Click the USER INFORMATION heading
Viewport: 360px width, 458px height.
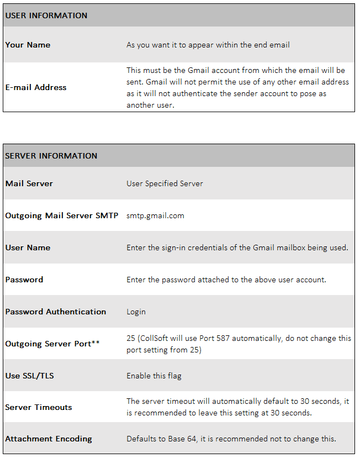46,15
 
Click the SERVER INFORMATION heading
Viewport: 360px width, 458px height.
51,156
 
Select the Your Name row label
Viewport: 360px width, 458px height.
28,45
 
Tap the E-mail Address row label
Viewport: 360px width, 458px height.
36,87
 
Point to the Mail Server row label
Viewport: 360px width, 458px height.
29,183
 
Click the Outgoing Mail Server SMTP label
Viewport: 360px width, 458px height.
62,215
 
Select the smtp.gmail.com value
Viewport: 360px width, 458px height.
155,215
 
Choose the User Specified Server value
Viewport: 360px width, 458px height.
165,183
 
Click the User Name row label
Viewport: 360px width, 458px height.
28,248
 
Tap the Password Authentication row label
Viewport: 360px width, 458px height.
56,312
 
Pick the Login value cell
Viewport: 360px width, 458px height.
136,312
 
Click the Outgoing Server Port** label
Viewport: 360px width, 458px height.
52,344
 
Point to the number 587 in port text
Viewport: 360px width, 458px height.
223,339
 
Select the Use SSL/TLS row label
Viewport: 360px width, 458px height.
30,376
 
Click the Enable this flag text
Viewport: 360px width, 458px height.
154,376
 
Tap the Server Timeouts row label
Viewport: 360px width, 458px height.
39,407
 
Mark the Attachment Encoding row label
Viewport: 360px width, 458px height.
49,439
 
